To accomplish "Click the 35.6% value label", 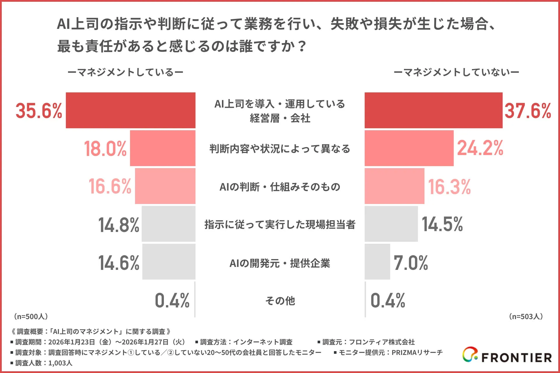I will [39, 111].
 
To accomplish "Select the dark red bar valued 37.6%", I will [433, 110].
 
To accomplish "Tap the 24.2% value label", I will [480, 148].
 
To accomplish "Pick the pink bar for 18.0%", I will [162, 148].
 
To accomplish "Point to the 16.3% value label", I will [449, 186].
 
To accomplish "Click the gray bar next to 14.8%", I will [168, 224].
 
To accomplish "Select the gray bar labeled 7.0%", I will [377, 262].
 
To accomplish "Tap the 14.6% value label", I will [119, 263].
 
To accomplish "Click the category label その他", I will [280, 300].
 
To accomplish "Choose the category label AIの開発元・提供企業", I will [280, 263].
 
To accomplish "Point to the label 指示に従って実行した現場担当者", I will [280, 224].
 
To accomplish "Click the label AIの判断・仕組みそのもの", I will [280, 187].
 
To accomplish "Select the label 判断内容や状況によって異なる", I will [280, 149].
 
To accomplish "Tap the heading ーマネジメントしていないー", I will [456, 72].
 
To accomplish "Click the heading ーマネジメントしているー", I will [125, 72].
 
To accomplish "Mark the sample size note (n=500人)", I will [31, 316].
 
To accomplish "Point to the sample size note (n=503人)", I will [526, 316].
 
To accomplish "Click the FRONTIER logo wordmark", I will [516, 358].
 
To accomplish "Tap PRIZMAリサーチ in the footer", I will [417, 353].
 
